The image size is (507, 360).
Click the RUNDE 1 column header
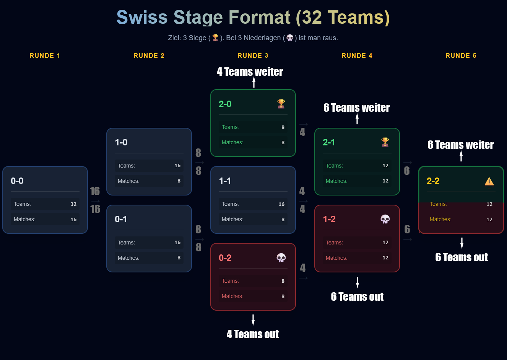45,55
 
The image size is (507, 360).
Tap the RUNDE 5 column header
461,55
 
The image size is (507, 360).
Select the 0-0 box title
17,181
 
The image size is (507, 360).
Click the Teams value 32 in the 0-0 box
73,204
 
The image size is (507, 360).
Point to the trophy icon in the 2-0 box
281,104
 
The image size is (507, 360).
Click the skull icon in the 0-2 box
281,258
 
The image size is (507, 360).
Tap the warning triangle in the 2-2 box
489,181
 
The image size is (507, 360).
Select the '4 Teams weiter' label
250,72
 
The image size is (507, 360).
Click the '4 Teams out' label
253,334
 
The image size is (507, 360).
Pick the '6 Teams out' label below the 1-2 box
357,297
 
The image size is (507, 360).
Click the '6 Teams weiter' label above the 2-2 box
461,145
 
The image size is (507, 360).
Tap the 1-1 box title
225,181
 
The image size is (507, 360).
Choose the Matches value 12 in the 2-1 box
385,181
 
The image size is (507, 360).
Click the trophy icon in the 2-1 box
385,142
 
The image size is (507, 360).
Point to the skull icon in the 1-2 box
385,219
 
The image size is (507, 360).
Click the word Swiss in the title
142,18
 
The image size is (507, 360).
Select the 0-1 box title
121,219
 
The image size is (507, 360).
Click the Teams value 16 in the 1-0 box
177,166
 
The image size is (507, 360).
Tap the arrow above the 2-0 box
254,82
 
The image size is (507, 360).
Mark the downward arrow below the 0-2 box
253,320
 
